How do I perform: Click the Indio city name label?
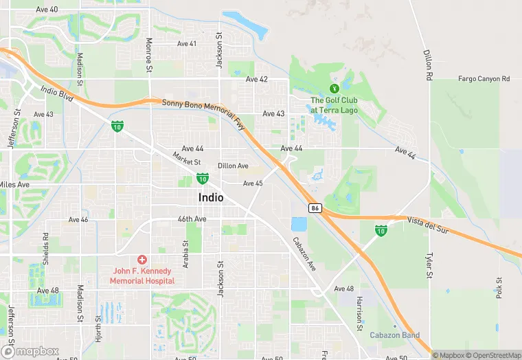[x=211, y=197]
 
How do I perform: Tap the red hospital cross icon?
[x=142, y=260]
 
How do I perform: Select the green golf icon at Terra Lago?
[x=334, y=88]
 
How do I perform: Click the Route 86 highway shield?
[x=315, y=207]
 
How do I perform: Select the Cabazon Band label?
[x=394, y=335]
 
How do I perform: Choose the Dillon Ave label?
[x=233, y=166]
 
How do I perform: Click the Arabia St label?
[x=185, y=254]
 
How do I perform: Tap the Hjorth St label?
[x=98, y=328]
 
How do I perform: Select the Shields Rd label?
[x=46, y=254]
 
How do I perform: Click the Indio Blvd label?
[x=57, y=90]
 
